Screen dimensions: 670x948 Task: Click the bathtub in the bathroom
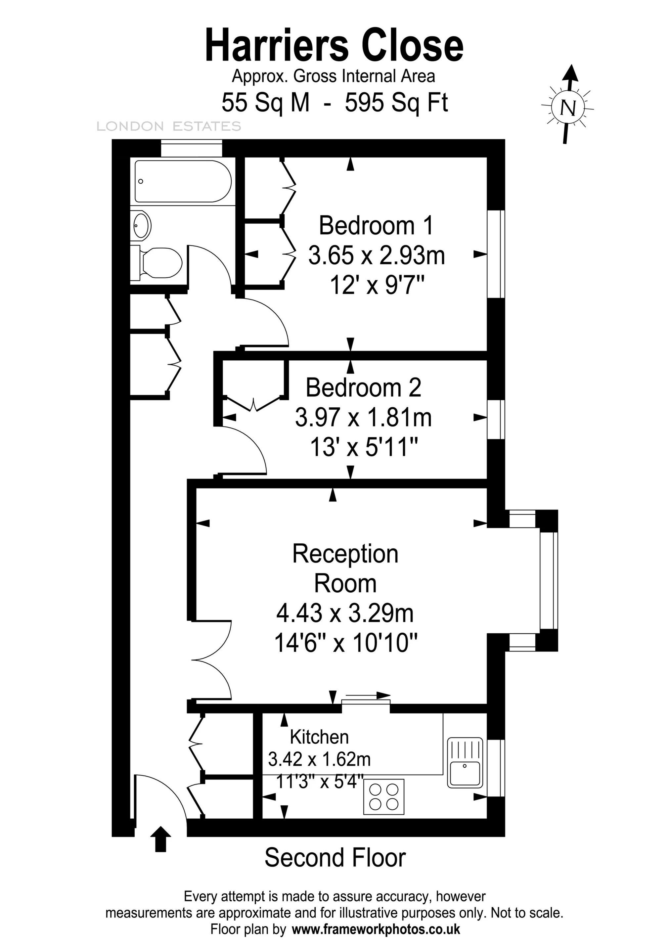pyautogui.click(x=183, y=181)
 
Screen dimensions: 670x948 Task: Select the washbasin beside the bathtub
pyautogui.click(x=141, y=225)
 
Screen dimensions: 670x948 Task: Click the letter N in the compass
pyautogui.click(x=568, y=108)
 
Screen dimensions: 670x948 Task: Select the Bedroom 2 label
pyautogui.click(x=363, y=388)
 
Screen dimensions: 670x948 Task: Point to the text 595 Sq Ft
pyautogui.click(x=396, y=102)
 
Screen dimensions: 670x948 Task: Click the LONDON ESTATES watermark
pyautogui.click(x=169, y=126)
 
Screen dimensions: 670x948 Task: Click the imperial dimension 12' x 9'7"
pyautogui.click(x=377, y=285)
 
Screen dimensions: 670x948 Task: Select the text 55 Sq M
pyautogui.click(x=265, y=102)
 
